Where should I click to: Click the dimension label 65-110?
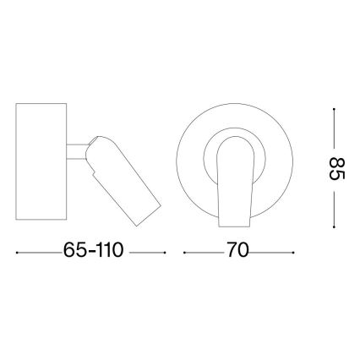pos(94,251)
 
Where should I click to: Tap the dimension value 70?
pos(237,251)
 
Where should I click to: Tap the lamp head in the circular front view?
pos(235,182)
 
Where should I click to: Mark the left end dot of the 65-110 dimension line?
pos(19,252)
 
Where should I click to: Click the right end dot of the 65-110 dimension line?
pos(165,252)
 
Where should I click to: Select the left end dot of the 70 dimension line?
pos(185,252)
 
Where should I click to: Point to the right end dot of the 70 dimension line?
pos(293,252)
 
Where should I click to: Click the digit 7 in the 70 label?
pos(230,251)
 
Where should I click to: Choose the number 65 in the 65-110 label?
pos(74,251)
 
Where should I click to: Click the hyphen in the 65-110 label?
pos(89,253)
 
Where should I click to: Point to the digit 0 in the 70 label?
pos(244,251)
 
